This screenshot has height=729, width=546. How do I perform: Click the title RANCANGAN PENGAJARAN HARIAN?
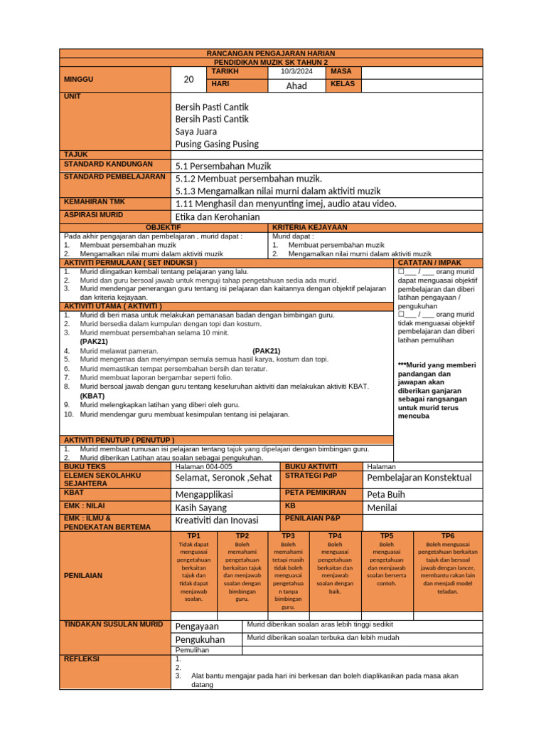pyautogui.click(x=270, y=53)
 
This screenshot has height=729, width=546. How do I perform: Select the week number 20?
pyautogui.click(x=188, y=80)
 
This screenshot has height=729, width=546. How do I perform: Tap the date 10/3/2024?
pyautogui.click(x=296, y=72)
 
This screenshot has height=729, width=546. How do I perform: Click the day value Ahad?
pyautogui.click(x=296, y=85)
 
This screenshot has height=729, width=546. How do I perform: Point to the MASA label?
pyautogui.click(x=341, y=72)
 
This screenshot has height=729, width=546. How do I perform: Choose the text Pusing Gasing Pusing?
pyautogui.click(x=217, y=144)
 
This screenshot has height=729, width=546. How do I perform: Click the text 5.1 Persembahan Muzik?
pyautogui.click(x=223, y=166)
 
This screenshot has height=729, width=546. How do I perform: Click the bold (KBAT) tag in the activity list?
pyautogui.click(x=92, y=395)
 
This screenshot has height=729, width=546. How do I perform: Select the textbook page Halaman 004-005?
pyautogui.click(x=203, y=466)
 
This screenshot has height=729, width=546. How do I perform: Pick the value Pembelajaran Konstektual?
pyautogui.click(x=419, y=477)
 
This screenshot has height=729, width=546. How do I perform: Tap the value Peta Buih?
pyautogui.click(x=385, y=494)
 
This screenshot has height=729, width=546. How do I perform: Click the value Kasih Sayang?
pyautogui.click(x=201, y=508)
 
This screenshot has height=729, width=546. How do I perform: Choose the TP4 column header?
pyautogui.click(x=335, y=535)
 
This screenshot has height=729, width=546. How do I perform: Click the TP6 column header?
pyautogui.click(x=448, y=535)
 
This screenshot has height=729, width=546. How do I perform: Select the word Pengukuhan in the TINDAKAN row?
pyautogui.click(x=200, y=639)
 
